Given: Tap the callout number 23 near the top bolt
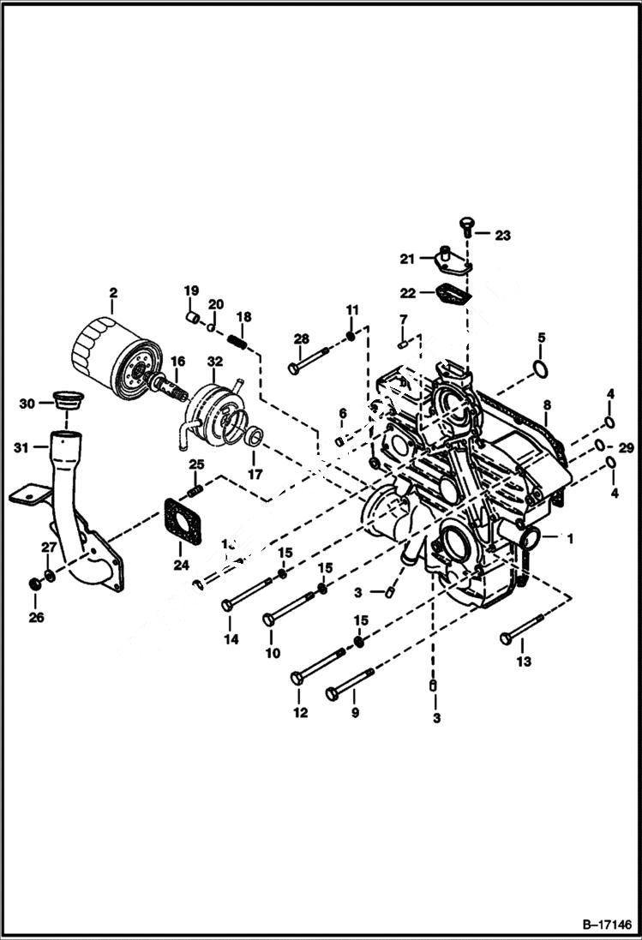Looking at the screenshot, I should click(x=502, y=233).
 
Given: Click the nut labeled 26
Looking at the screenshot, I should click(x=35, y=584).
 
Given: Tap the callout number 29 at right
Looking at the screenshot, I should click(x=626, y=448).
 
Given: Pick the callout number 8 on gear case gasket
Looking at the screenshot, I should click(x=546, y=404).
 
